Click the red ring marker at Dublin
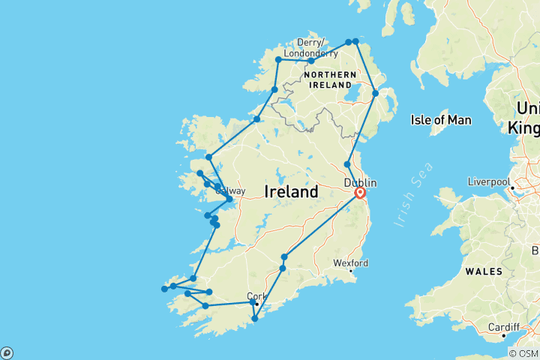click(x=360, y=193)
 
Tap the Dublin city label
click(x=360, y=182)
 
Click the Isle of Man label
click(x=440, y=119)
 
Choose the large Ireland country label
click(x=291, y=192)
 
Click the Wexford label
click(x=351, y=263)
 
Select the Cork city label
click(x=255, y=295)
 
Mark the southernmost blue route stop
click(x=255, y=319)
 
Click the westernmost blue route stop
click(x=164, y=289)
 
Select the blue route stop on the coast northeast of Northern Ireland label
click(x=376, y=93)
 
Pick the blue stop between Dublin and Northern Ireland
click(x=347, y=164)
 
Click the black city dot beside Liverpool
click(x=512, y=187)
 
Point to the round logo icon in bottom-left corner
click(x=7, y=352)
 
